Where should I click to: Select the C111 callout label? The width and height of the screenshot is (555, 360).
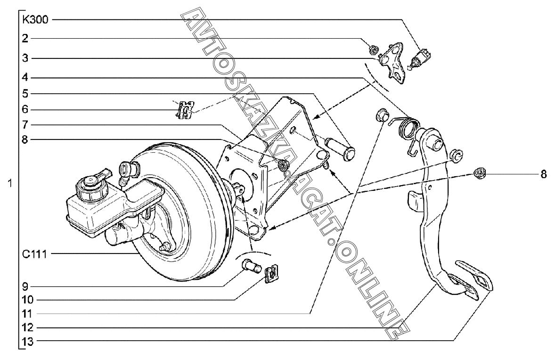coord(35,254)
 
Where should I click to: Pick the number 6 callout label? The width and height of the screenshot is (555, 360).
coord(25,109)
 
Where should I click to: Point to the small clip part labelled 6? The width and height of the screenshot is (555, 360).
coord(186,110)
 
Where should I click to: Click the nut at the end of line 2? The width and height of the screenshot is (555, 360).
coord(372,48)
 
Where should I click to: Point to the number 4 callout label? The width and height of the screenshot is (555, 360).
coord(25,77)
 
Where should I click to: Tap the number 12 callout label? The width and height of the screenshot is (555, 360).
coord(27,327)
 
